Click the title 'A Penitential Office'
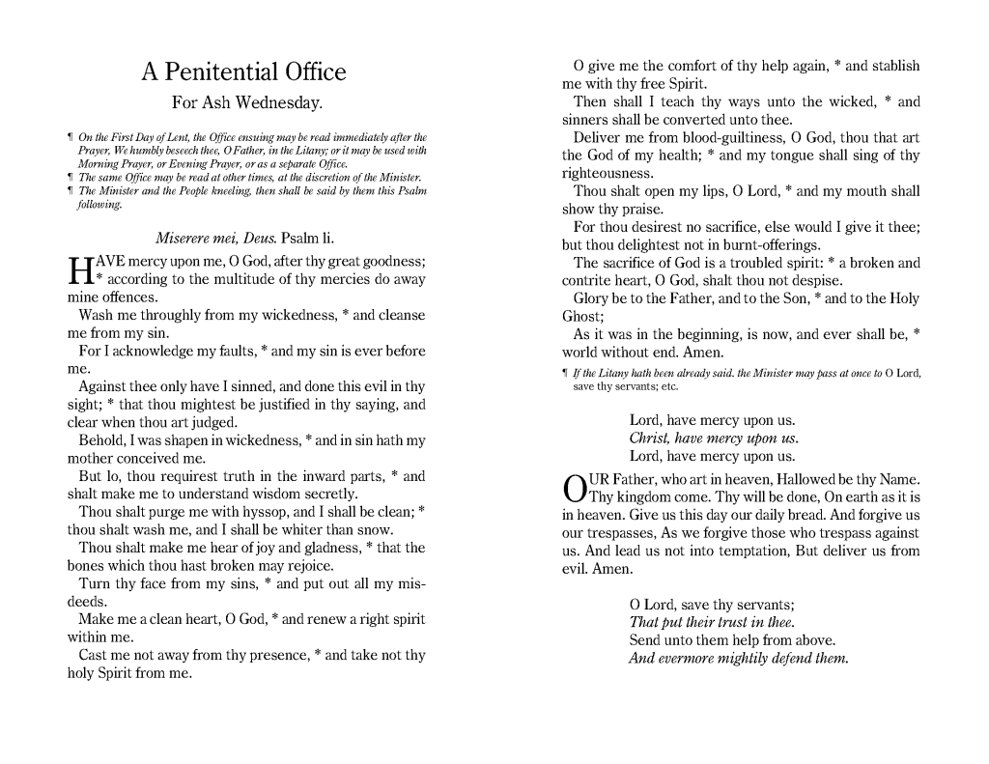click(x=243, y=72)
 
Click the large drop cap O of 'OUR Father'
click(x=574, y=488)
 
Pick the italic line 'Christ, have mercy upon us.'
click(x=714, y=439)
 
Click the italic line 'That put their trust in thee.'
click(x=712, y=623)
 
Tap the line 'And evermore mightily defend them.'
click(x=739, y=659)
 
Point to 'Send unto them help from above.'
click(x=732, y=640)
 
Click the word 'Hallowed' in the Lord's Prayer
click(x=790, y=480)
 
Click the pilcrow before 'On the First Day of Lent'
click(x=71, y=139)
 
